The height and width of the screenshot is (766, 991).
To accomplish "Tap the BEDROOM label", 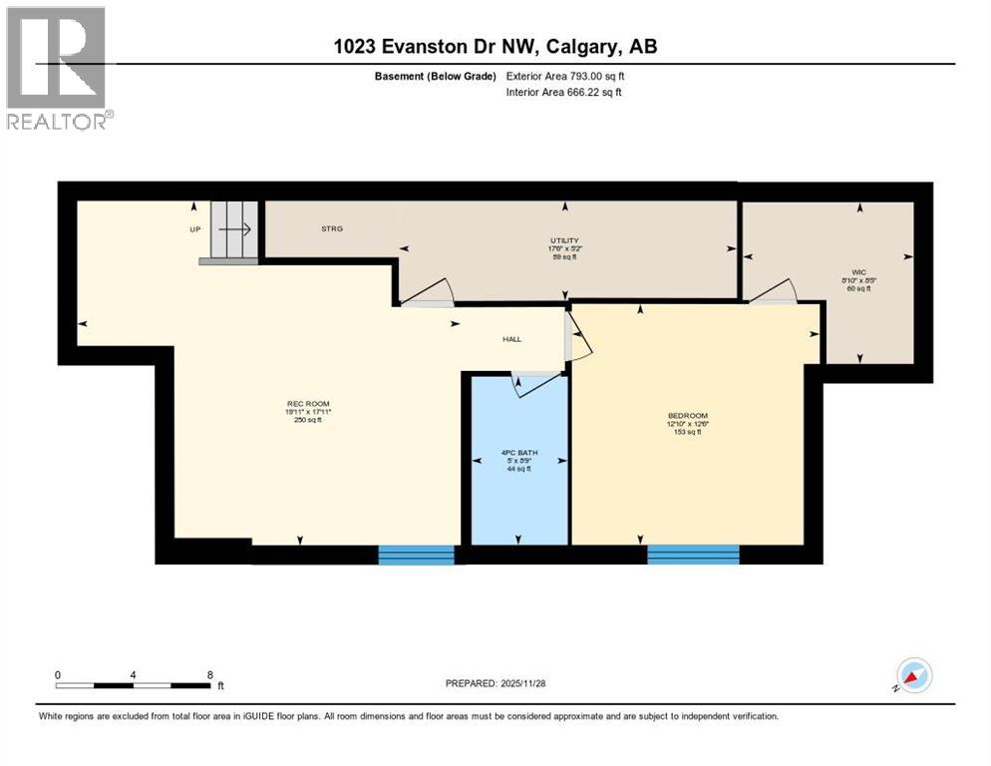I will click(x=687, y=415).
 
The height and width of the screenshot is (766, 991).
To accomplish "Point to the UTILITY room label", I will click(x=565, y=240).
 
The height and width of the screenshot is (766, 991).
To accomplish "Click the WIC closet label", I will click(x=857, y=270).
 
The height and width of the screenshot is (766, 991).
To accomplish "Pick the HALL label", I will click(x=511, y=339).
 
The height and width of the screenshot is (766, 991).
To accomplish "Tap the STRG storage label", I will click(x=331, y=229).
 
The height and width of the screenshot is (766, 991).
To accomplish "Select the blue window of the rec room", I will click(x=416, y=555).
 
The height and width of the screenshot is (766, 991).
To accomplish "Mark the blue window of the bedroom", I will click(x=693, y=555).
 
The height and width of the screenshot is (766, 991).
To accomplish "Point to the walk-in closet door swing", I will click(x=774, y=289).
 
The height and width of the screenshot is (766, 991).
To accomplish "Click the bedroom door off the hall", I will click(x=578, y=336).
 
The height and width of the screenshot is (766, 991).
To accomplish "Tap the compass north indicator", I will click(x=914, y=675).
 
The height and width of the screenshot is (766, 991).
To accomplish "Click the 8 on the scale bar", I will click(x=209, y=674).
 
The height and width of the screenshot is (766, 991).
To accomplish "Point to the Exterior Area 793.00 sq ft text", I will click(x=565, y=76).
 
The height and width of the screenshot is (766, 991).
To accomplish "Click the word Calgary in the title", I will click(x=579, y=46).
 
